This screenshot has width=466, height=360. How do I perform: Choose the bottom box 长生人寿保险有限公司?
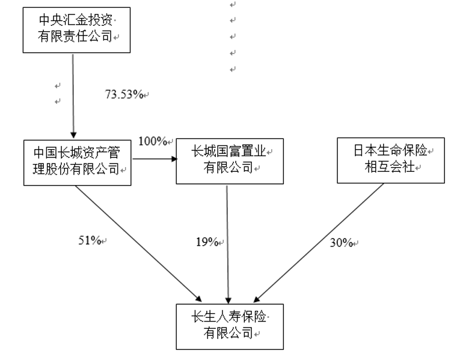tap(229, 325)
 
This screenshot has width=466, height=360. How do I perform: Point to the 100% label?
tap(153, 141)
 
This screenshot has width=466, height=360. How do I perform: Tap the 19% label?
tap(207, 242)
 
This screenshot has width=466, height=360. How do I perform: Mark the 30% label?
tap(341, 243)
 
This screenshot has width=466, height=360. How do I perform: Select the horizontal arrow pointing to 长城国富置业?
tap(154, 160)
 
